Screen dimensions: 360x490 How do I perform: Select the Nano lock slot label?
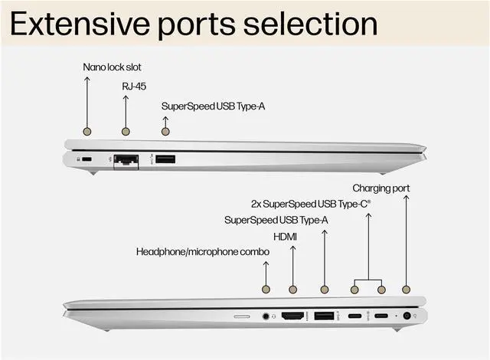tap(112, 67)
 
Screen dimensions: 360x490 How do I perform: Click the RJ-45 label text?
tap(134, 86)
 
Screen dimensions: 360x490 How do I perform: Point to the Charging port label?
tap(381, 188)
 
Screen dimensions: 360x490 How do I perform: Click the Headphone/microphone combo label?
tap(202, 251)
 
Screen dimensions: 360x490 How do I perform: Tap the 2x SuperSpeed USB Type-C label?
tap(311, 204)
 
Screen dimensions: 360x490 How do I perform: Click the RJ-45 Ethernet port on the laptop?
tap(126, 159)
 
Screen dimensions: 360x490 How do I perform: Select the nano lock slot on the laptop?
tap(86, 159)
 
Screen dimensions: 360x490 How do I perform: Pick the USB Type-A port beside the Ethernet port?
tap(165, 159)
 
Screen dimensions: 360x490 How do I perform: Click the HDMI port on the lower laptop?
tap(292, 316)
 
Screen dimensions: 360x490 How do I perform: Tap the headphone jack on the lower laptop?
tap(266, 316)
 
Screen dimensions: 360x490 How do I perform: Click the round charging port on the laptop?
tap(406, 316)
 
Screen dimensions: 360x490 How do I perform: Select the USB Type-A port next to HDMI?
tap(325, 316)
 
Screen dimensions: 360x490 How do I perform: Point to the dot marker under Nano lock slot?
tap(87, 132)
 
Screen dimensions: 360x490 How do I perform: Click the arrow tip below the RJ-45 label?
tap(126, 97)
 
